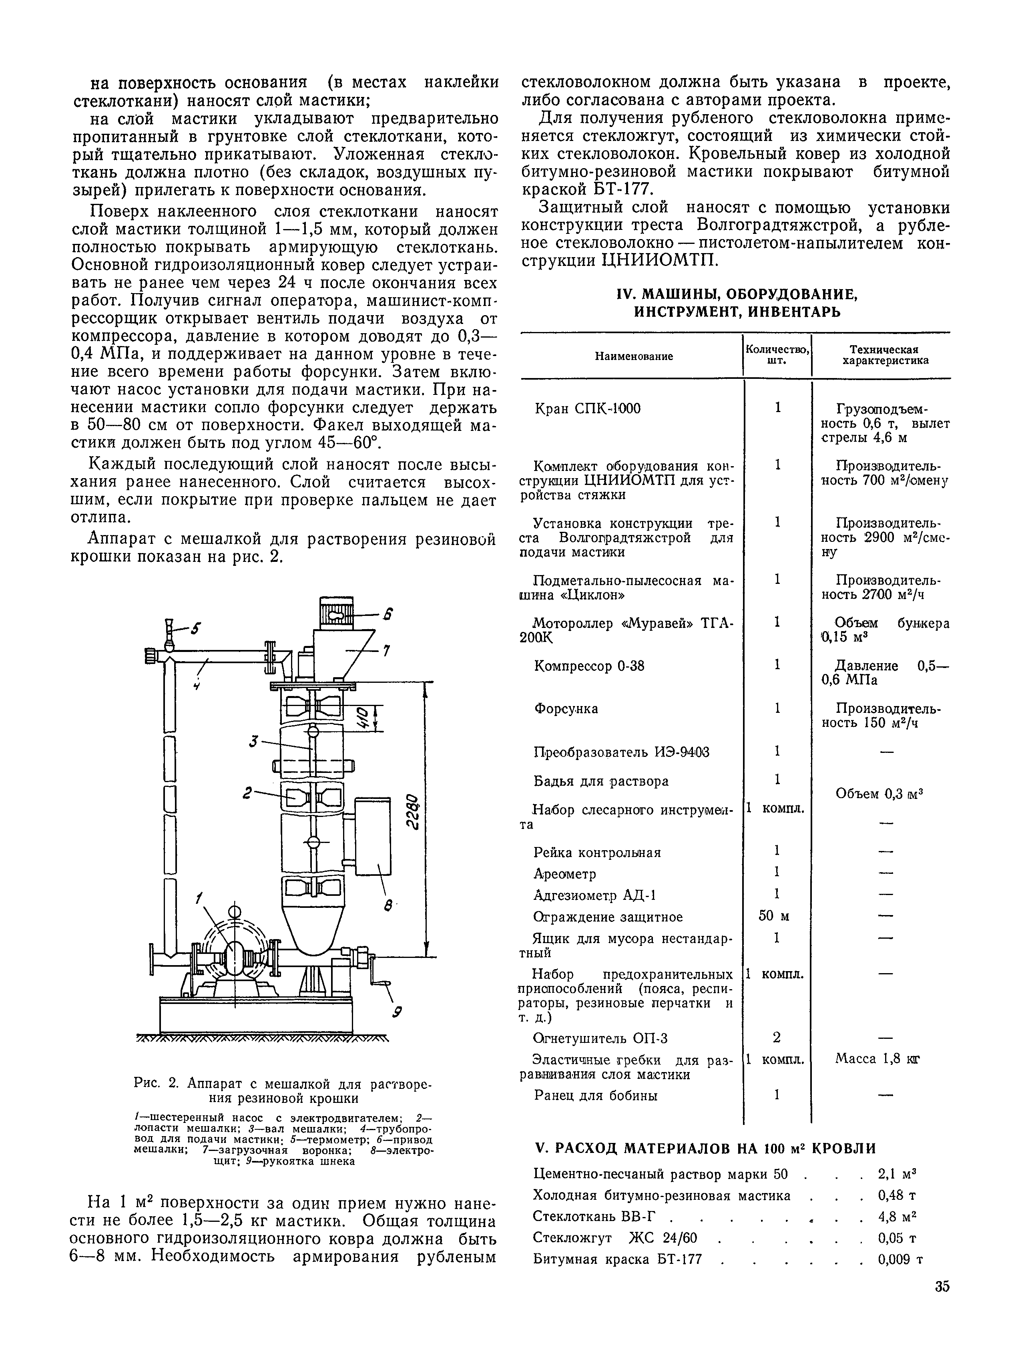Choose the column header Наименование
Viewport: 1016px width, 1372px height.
pos(633,356)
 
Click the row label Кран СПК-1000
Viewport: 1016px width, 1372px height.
pos(587,408)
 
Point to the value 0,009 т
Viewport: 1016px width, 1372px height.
pos(900,1259)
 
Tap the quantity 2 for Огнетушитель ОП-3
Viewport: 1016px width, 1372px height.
pos(777,1038)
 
